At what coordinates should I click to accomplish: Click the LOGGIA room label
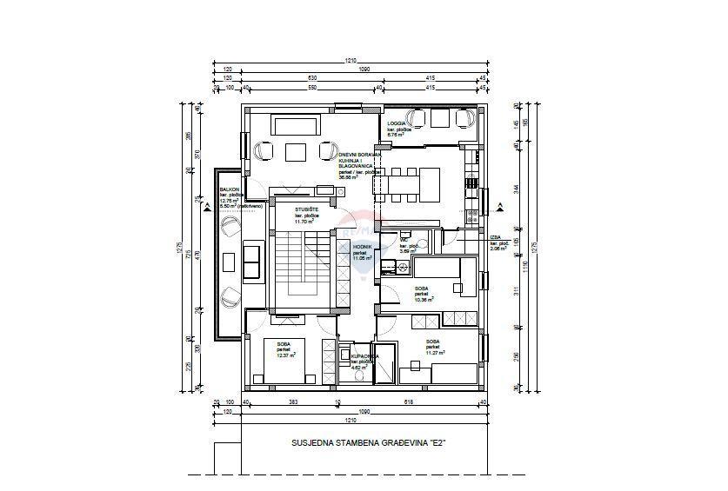point(397,124)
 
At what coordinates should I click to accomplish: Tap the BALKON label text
point(229,189)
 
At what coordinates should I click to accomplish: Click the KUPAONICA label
point(364,356)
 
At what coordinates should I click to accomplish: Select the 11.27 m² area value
point(434,354)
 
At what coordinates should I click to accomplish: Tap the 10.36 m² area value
point(424,299)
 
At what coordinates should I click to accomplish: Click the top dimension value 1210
point(350,61)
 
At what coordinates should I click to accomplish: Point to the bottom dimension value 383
point(294,402)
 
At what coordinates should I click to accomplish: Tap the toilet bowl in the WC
point(405,234)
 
